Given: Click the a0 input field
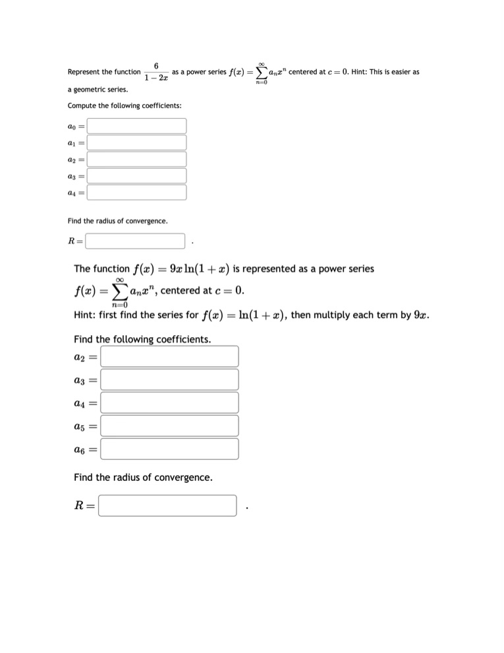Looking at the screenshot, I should [137, 125].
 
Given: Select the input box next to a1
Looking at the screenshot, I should [137, 142].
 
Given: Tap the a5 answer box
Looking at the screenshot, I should [169, 425].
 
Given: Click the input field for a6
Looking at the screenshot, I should [169, 449].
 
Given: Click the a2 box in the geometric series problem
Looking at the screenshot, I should [137, 159].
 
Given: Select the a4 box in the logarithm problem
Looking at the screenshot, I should [169, 402].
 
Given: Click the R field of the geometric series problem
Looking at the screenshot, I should [135, 241].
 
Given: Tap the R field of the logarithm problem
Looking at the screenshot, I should [167, 506].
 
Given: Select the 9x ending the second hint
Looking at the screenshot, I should [422, 315].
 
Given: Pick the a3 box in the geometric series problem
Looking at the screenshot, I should [137, 175].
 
